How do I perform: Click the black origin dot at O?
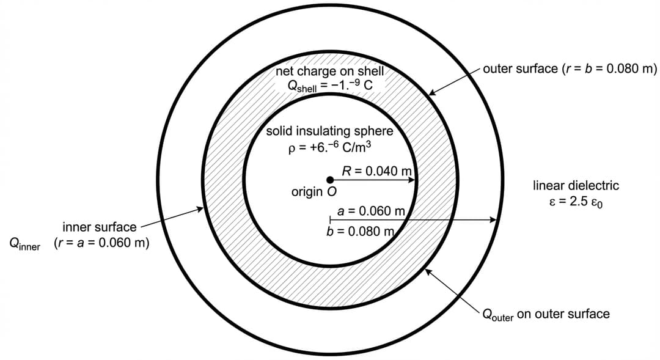(330, 180)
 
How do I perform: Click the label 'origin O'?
(314, 192)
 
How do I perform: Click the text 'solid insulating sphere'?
(329, 131)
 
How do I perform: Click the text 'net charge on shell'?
(329, 71)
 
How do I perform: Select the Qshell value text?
(329, 85)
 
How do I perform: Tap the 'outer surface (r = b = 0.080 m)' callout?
(569, 68)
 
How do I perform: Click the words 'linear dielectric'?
(576, 185)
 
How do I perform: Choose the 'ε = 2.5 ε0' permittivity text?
(576, 202)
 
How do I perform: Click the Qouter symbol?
(497, 315)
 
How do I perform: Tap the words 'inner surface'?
(100, 227)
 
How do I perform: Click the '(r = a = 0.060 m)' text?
(101, 243)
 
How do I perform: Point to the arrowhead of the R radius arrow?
(413, 180)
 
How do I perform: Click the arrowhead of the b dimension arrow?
(493, 220)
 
